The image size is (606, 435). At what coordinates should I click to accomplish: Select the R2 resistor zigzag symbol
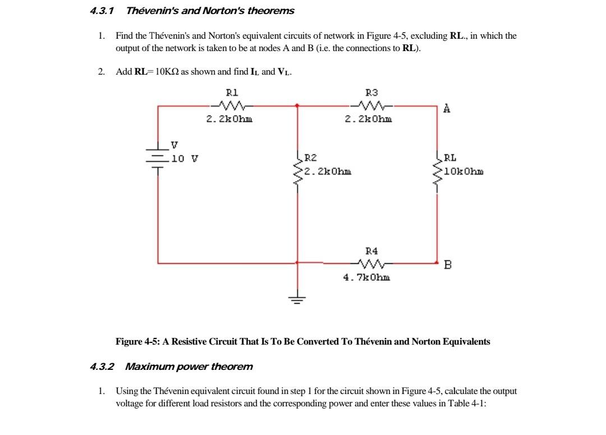pyautogui.click(x=297, y=167)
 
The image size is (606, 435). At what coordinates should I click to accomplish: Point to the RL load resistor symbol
pyautogui.click(x=437, y=167)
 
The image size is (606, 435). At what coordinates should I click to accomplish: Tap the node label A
pyautogui.click(x=447, y=109)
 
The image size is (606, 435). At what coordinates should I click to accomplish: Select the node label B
pyautogui.click(x=447, y=265)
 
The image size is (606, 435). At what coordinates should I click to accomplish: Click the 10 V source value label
pyautogui.click(x=185, y=159)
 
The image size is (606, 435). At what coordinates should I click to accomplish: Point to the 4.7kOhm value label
pyautogui.click(x=367, y=277)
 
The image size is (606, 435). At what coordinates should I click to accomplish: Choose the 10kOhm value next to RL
pyautogui.click(x=463, y=171)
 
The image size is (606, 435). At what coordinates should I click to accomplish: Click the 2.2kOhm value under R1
pyautogui.click(x=229, y=119)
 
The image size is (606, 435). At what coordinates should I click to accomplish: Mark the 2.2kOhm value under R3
pyautogui.click(x=369, y=119)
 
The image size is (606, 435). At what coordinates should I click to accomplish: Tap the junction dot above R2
pyautogui.click(x=297, y=104)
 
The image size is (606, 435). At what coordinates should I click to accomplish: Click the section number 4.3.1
pyautogui.click(x=102, y=11)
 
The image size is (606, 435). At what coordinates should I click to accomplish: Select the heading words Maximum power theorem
pyautogui.click(x=189, y=367)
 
